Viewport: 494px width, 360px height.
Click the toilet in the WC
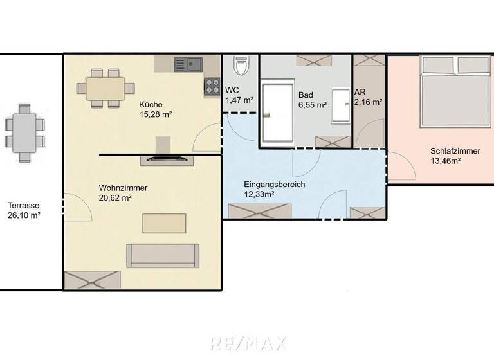click(x=241, y=66)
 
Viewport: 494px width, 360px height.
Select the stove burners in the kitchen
click(x=212, y=87)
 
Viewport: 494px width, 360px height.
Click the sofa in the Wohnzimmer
click(x=163, y=256)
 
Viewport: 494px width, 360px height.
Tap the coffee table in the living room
click(x=165, y=223)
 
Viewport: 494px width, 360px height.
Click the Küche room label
click(x=151, y=105)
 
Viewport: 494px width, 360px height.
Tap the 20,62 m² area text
click(x=116, y=198)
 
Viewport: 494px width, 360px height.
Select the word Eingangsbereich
click(x=275, y=184)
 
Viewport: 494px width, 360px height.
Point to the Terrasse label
click(x=24, y=206)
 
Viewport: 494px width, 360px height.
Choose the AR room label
click(x=360, y=93)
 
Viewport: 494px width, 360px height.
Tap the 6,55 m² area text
click(x=312, y=104)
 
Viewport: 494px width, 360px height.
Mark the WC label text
click(x=232, y=91)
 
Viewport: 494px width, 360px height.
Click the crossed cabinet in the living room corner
click(x=92, y=280)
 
